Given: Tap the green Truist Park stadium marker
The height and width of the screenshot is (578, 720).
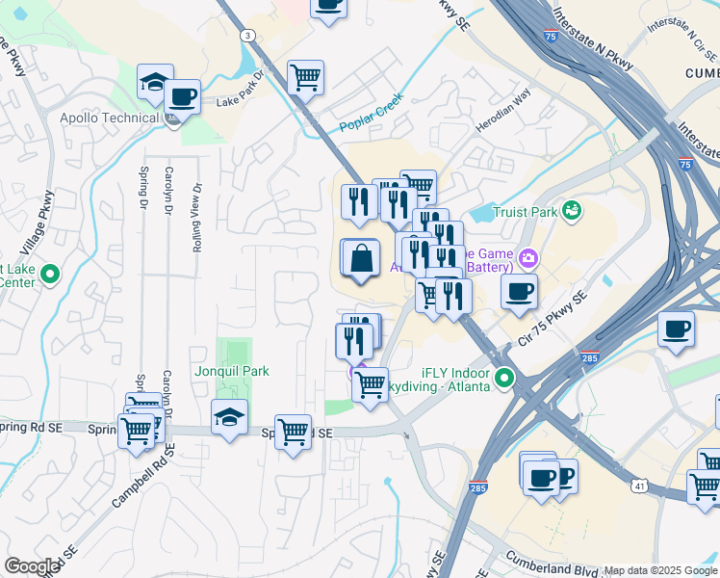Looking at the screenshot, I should [x=573, y=210].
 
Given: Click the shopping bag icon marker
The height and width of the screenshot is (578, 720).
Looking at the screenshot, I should [x=360, y=258].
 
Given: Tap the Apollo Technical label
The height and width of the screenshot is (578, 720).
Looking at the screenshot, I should [x=109, y=118].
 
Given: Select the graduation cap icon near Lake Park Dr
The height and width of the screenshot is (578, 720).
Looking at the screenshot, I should [x=155, y=83].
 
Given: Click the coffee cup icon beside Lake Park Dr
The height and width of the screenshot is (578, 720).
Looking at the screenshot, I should [x=182, y=97].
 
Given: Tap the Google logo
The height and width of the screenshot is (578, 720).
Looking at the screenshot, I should [x=32, y=566].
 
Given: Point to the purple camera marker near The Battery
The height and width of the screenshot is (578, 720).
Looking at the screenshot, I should [x=527, y=257].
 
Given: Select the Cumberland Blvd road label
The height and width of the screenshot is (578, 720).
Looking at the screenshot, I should [x=554, y=560].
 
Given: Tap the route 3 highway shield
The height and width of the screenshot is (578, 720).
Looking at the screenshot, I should [x=248, y=36].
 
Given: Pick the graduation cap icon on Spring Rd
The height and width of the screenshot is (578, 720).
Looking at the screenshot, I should [x=229, y=417].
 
